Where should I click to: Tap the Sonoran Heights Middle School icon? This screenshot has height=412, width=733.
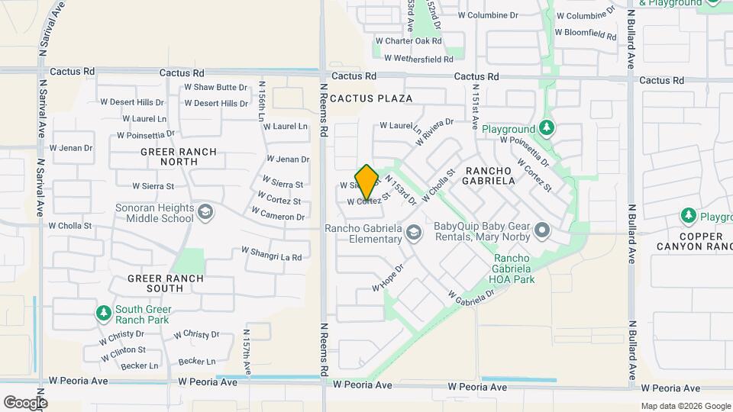coord(205,211)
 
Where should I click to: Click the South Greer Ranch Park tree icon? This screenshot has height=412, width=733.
coord(103,313)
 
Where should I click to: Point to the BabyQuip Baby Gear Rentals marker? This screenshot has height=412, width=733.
coord(542,230)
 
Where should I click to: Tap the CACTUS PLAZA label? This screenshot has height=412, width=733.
coord(372,98)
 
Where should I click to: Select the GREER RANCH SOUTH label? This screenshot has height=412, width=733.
coord(166,278)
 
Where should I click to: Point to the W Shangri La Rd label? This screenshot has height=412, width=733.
coord(271,254)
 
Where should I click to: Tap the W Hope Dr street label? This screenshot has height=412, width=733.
coord(387,278)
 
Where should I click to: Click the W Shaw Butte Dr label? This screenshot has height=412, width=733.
coord(215,88)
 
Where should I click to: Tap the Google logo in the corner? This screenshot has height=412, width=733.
coord(25,402)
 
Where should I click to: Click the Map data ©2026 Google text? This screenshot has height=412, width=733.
coord(685,406)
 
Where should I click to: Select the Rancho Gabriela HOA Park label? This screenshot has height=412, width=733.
coord(513,269)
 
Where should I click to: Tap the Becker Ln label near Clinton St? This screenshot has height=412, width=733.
coord(139,366)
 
